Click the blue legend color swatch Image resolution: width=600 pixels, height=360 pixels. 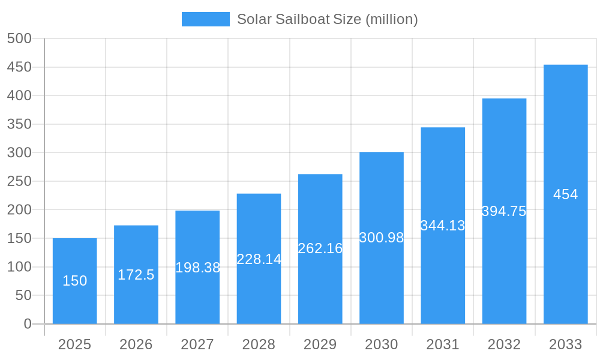(x=205, y=19)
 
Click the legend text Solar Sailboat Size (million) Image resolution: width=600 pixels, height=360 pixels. (x=327, y=19)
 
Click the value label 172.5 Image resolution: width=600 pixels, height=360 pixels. (x=136, y=275)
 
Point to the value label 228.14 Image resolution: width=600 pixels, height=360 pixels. (x=259, y=259)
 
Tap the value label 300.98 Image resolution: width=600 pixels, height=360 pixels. (x=382, y=238)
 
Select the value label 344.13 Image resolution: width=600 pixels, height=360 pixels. (x=443, y=226)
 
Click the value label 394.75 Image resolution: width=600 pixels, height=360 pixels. (x=504, y=211)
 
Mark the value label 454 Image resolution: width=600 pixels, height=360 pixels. (x=565, y=194)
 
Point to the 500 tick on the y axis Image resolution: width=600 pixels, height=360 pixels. (x=19, y=38)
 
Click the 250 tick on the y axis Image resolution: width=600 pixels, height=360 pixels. (x=19, y=181)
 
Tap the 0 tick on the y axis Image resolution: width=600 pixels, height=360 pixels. (x=27, y=324)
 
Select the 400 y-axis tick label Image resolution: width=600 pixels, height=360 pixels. (x=19, y=95)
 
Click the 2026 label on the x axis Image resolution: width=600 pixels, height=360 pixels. (x=136, y=344)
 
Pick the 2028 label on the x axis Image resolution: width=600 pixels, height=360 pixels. (x=259, y=344)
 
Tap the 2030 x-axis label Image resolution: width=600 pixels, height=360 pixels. (x=382, y=344)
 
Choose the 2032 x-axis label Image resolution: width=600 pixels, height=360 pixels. (x=504, y=344)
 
